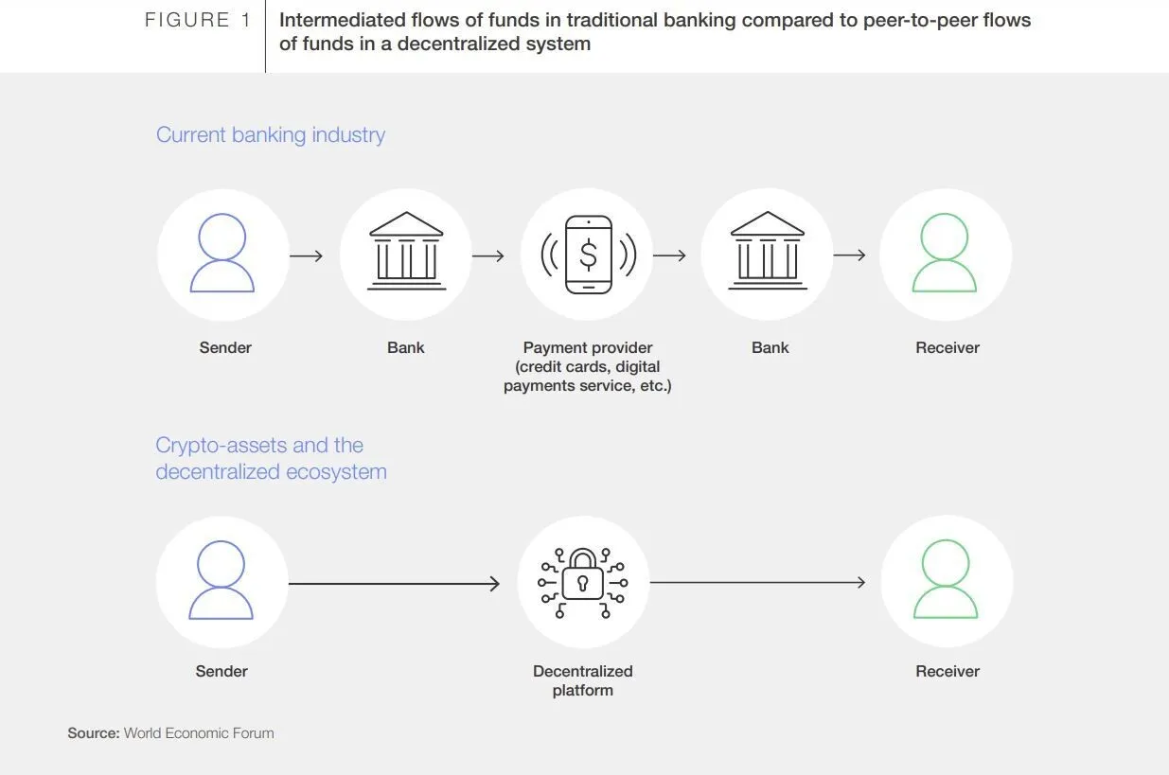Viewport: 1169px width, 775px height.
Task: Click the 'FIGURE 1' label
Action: click(x=198, y=20)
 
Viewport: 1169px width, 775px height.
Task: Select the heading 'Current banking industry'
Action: click(x=271, y=134)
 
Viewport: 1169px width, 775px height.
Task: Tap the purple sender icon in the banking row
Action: click(x=222, y=254)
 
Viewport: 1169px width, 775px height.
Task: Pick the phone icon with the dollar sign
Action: click(x=588, y=255)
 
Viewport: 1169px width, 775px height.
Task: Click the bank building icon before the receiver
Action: click(x=768, y=253)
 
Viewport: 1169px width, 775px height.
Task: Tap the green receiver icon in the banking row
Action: click(x=944, y=254)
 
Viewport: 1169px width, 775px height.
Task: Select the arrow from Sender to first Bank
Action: click(x=306, y=255)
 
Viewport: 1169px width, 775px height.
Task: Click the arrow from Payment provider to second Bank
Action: click(x=669, y=255)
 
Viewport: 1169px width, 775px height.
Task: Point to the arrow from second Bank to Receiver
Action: click(x=849, y=255)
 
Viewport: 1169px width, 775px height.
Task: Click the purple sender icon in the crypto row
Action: click(x=221, y=581)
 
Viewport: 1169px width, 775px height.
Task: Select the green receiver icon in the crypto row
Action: click(x=946, y=581)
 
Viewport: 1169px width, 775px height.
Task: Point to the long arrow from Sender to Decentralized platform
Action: click(x=394, y=584)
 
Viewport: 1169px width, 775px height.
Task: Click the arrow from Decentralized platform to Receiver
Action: click(x=757, y=582)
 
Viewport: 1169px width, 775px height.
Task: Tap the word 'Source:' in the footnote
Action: click(x=94, y=733)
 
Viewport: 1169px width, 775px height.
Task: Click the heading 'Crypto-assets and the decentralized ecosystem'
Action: click(x=271, y=458)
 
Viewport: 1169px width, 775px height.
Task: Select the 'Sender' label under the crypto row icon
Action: click(x=221, y=671)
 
